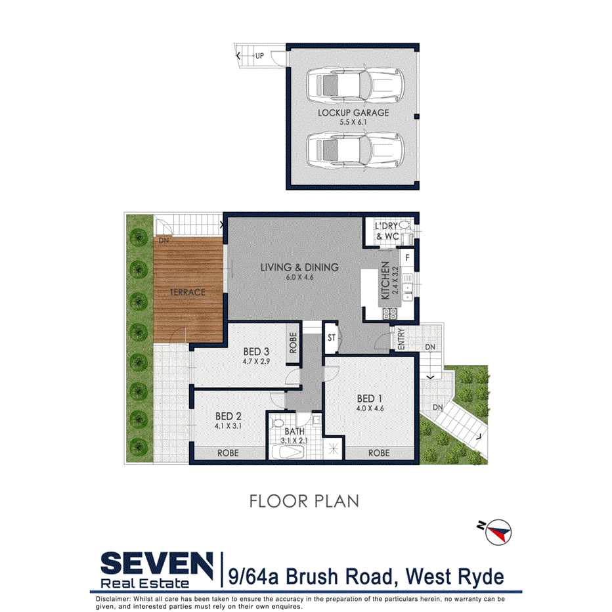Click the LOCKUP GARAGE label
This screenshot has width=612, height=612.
353,113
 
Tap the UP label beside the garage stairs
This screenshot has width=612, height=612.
259,56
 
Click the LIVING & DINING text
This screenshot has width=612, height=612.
299,267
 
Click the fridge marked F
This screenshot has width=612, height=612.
407,257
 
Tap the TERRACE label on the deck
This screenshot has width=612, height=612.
189,292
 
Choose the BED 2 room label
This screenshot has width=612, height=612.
229,415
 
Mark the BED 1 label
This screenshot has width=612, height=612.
370,399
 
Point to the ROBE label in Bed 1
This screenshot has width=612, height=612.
378,453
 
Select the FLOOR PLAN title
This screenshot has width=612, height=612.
305,501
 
